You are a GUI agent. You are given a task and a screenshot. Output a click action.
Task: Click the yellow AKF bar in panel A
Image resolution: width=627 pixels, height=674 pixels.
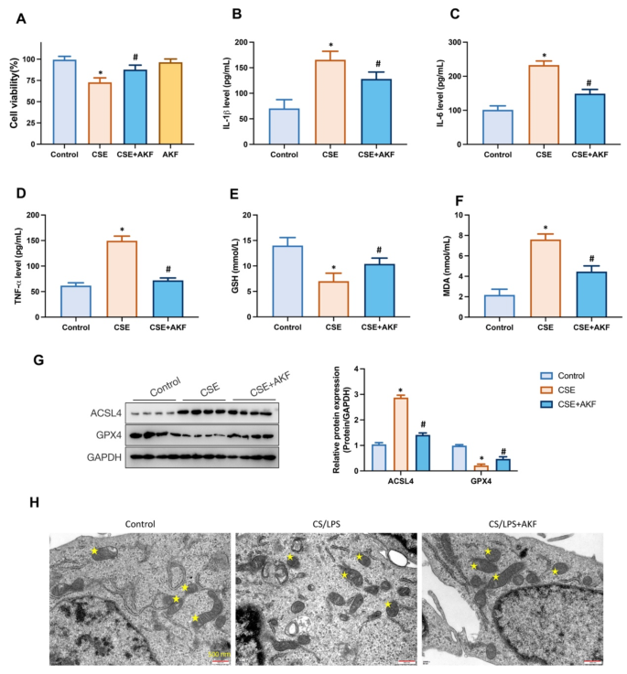[x=170, y=103]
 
